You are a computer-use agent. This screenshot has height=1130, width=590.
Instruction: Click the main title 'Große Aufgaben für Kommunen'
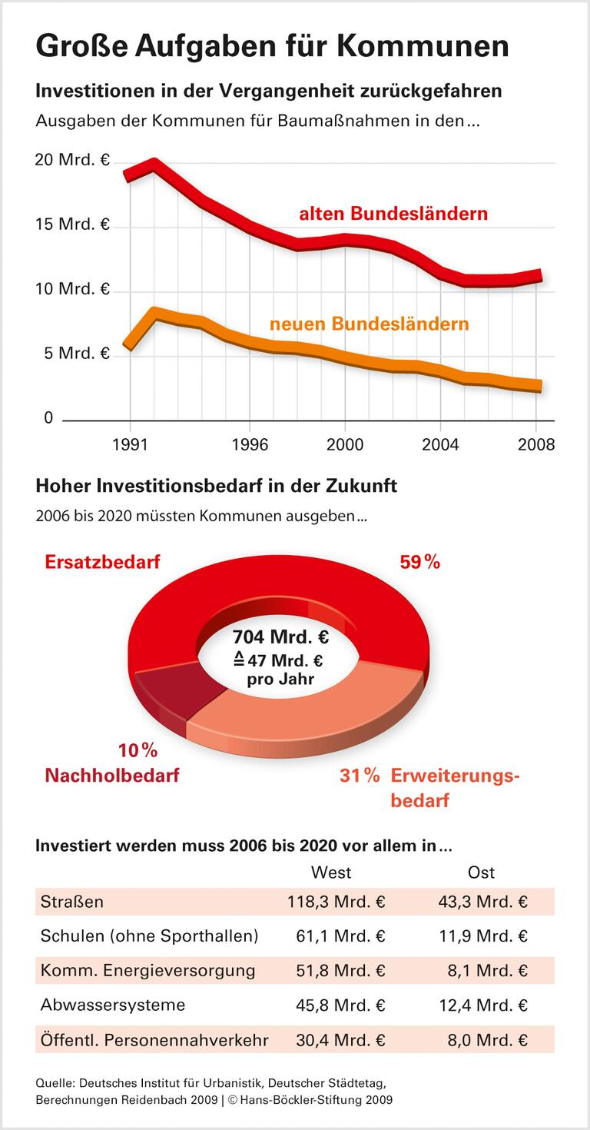pyautogui.click(x=272, y=46)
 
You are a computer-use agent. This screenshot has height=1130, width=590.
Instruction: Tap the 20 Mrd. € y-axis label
pyautogui.click(x=73, y=161)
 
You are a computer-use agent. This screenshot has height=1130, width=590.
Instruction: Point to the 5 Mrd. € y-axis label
pyautogui.click(x=77, y=354)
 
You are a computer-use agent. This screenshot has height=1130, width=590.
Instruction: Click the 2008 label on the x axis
pyautogui.click(x=535, y=445)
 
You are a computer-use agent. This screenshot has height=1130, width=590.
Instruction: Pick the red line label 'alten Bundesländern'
pyautogui.click(x=393, y=213)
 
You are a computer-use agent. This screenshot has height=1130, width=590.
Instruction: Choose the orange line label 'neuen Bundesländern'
pyautogui.click(x=369, y=324)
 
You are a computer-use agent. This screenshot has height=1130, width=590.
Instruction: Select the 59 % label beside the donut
pyautogui.click(x=420, y=562)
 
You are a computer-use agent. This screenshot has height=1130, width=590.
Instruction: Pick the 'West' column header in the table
pyautogui.click(x=331, y=872)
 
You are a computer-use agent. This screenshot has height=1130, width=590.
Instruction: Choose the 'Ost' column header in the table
pyautogui.click(x=482, y=872)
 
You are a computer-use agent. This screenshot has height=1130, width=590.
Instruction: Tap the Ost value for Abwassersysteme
pyautogui.click(x=489, y=1005)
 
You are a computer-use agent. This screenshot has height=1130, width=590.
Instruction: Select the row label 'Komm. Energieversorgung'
pyautogui.click(x=147, y=970)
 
